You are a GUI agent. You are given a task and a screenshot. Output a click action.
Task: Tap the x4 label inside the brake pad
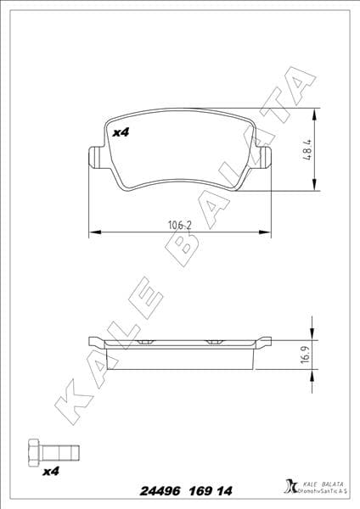[120, 133]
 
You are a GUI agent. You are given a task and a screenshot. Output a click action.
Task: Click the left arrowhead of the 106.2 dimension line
[93, 231]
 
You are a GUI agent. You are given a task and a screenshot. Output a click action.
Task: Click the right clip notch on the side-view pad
[211, 342]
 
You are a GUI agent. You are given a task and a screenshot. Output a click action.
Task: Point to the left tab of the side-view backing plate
[95, 340]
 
